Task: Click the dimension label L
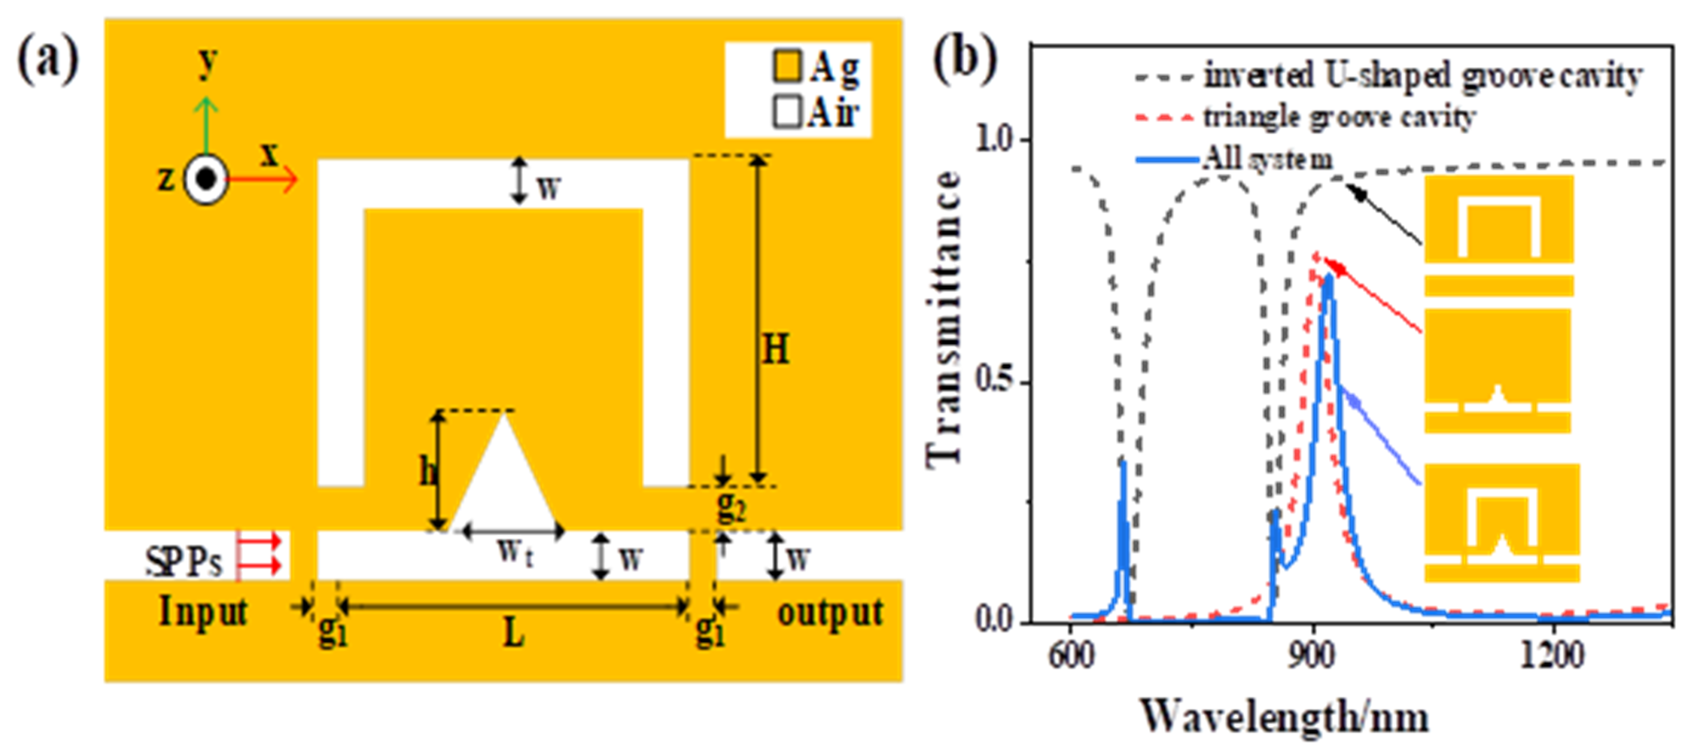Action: tap(514, 633)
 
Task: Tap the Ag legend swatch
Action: tap(786, 67)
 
